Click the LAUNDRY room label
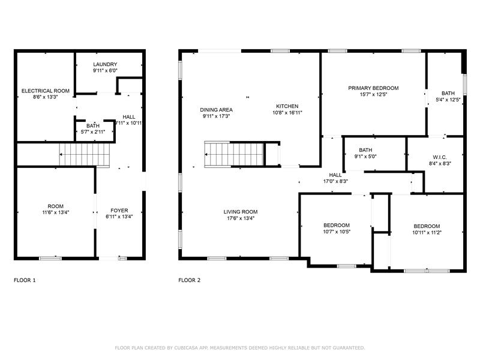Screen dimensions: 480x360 pyautogui.click(x=105, y=64)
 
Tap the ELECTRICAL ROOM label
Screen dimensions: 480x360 pyautogui.click(x=46, y=91)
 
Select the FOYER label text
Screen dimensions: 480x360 pyautogui.click(x=119, y=211)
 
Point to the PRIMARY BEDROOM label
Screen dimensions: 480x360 pyautogui.click(x=373, y=88)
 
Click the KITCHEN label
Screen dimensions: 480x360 pyautogui.click(x=287, y=106)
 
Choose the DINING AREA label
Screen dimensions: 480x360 pyautogui.click(x=216, y=110)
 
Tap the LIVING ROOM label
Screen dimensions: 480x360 pyautogui.click(x=241, y=212)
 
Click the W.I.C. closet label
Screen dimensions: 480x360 pyautogui.click(x=440, y=157)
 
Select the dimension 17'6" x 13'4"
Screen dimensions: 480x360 pyautogui.click(x=241, y=218)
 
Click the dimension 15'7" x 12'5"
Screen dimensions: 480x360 pyautogui.click(x=373, y=95)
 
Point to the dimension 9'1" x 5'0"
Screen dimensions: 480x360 pyautogui.click(x=365, y=157)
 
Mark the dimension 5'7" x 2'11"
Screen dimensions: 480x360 pyautogui.click(x=93, y=132)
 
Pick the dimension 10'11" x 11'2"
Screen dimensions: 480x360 pyautogui.click(x=427, y=233)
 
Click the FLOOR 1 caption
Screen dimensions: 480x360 pyautogui.click(x=25, y=280)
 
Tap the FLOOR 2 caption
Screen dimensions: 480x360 pyautogui.click(x=190, y=280)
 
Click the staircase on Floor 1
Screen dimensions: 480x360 pyautogui.click(x=85, y=155)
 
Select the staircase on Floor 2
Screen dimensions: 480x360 pyautogui.click(x=234, y=155)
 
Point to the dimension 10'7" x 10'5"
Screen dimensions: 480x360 pyautogui.click(x=337, y=232)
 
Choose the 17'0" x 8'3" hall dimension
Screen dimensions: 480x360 pyautogui.click(x=335, y=181)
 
